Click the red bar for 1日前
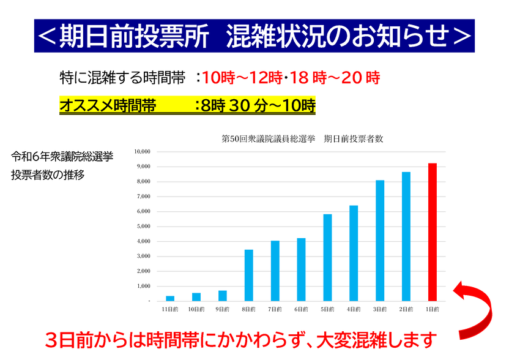click(432, 232)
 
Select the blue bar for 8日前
click(248, 275)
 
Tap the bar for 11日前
click(170, 298)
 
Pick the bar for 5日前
click(327, 257)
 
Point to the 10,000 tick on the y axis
click(143, 151)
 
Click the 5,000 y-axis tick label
click(144, 227)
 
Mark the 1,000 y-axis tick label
click(144, 286)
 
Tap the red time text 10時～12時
click(242, 78)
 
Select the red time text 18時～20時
click(335, 78)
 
